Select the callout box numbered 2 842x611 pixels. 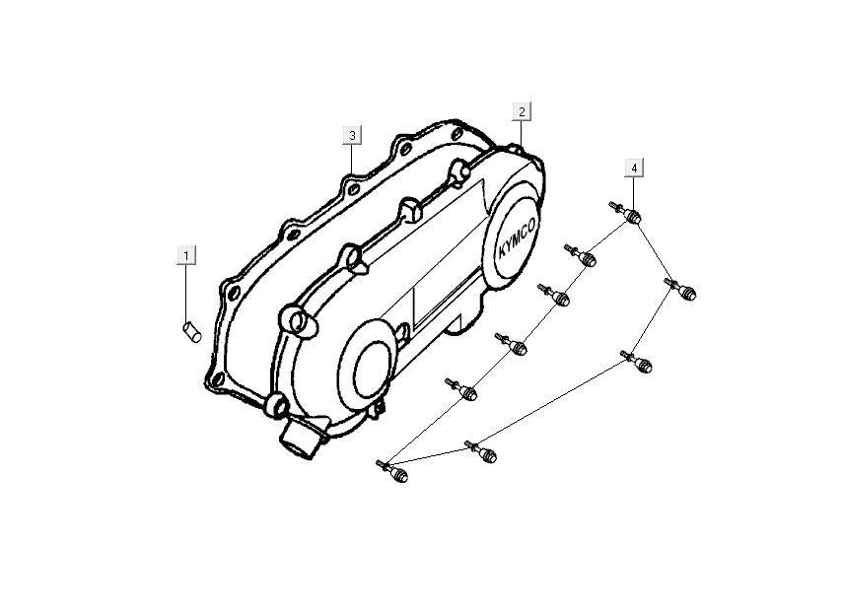tap(522, 111)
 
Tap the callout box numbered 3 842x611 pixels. tap(352, 134)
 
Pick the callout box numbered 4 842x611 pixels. tap(634, 169)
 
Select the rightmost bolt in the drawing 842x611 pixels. tap(682, 290)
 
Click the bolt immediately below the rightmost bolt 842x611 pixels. tap(639, 363)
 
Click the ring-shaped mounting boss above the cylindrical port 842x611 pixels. tap(277, 404)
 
